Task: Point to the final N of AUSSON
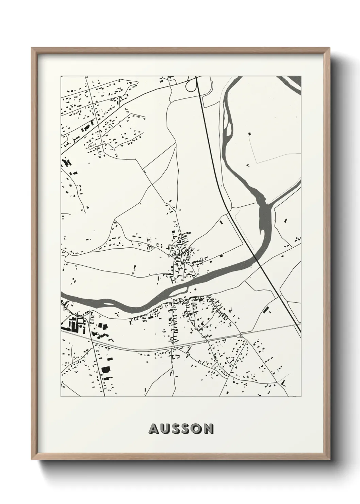pyautogui.click(x=209, y=429)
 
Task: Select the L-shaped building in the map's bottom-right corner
pyautogui.click(x=283, y=383)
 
